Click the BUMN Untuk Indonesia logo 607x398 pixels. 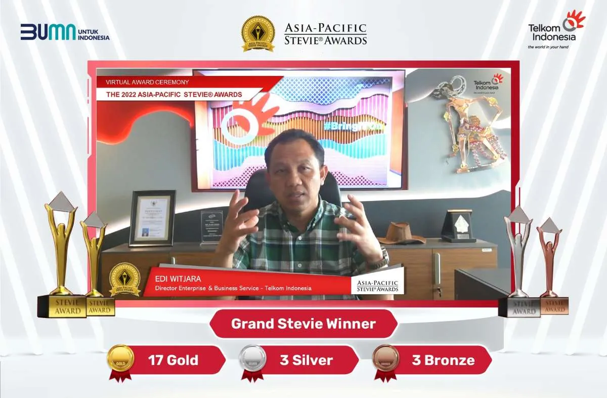[x=65, y=32]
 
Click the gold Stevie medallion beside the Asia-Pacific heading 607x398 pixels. [x=258, y=33]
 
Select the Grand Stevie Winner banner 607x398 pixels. [x=303, y=324]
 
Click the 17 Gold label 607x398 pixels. [x=173, y=360]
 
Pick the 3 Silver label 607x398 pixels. [x=306, y=360]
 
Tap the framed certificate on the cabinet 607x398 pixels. [x=152, y=218]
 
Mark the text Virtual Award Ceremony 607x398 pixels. [x=147, y=82]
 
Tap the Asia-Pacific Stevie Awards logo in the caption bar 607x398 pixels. [x=377, y=285]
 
